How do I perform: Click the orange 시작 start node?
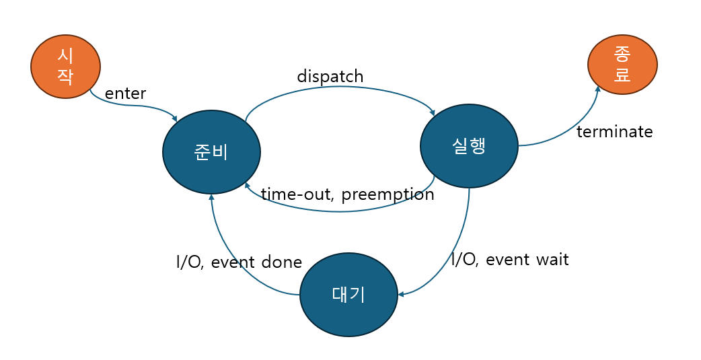65,67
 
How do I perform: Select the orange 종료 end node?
622,65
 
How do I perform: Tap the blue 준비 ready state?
211,152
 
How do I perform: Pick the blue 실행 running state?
469,146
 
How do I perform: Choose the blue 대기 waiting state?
348,295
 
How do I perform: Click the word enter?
126,94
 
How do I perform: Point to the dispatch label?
330,76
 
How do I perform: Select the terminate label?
614,131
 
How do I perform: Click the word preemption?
388,194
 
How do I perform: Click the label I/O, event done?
239,262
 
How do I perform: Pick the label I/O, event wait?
510,259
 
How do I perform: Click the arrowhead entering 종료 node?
597,88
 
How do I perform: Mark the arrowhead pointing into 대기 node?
401,294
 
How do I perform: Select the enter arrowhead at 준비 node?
174,118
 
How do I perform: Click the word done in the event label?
283,262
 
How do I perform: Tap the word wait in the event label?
552,259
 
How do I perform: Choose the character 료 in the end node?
622,75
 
